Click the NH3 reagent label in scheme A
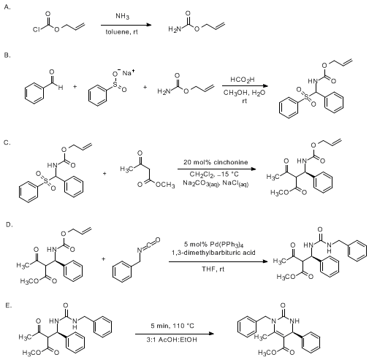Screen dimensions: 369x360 pos(122,16)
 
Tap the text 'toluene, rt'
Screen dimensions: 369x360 pos(122,32)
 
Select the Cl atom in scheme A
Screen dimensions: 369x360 pos(36,30)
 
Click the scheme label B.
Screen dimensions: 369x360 pos(7,55)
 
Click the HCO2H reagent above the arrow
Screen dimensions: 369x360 pos(243,80)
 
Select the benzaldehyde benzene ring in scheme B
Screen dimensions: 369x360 pos(34,93)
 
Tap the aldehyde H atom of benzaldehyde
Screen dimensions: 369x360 pos(61,88)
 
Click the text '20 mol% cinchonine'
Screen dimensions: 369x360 pos(216,162)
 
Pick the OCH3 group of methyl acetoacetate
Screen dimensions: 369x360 pos(165,185)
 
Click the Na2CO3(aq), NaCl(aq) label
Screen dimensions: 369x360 pos(216,183)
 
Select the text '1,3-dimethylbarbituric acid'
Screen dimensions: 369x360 pos(213,253)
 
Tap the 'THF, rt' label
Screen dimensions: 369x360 pos(213,269)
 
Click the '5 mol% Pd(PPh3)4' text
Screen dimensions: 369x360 pos(213,245)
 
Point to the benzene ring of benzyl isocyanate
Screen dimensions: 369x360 pos(122,272)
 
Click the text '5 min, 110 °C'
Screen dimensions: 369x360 pos(172,326)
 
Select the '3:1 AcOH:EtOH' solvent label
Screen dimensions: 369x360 pos(172,340)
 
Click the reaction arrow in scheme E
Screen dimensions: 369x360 pos(175,334)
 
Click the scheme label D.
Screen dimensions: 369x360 pos(9,225)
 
